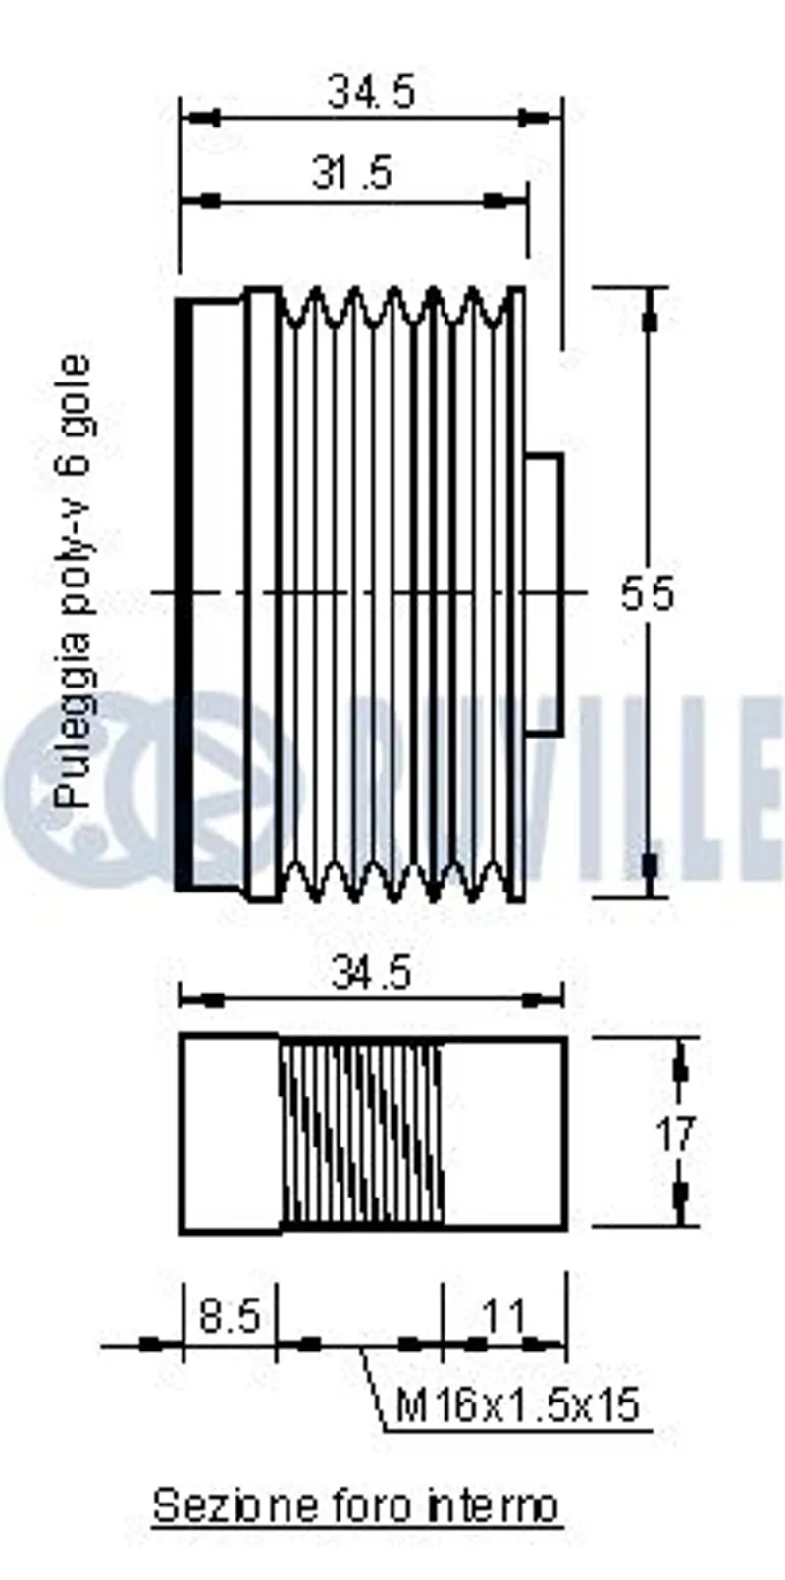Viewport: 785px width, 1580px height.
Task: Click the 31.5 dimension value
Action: [351, 173]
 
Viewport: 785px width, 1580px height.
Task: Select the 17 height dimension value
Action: [675, 1135]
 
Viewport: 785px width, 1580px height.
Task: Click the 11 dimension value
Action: [504, 1315]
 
